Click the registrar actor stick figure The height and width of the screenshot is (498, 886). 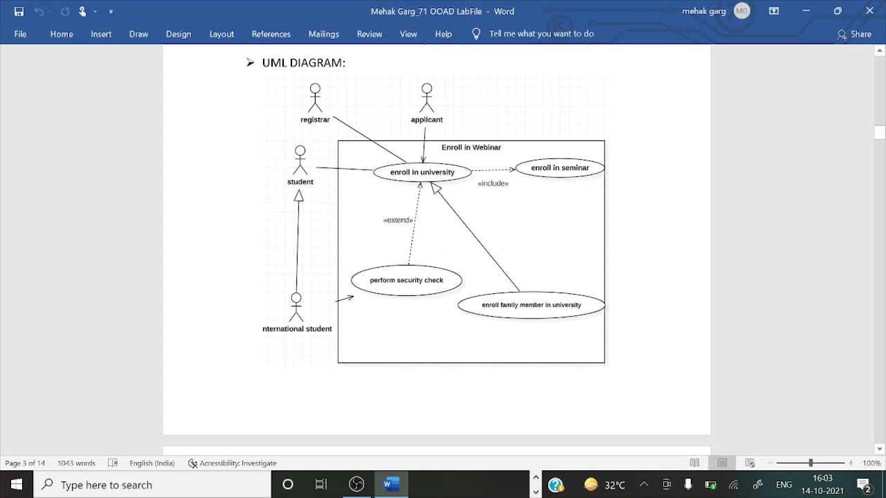[x=315, y=98]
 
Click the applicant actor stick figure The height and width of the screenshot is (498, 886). [x=426, y=98]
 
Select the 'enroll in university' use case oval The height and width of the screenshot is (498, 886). [x=422, y=172]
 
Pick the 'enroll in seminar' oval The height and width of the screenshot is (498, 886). [x=559, y=168]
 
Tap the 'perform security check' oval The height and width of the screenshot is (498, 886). [x=406, y=280]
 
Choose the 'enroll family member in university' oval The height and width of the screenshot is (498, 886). [x=531, y=305]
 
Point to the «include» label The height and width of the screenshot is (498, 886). [x=493, y=183]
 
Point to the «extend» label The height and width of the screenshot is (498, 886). [x=398, y=220]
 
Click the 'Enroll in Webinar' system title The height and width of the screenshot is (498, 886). [x=471, y=147]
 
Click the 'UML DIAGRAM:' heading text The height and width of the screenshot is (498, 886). [x=303, y=63]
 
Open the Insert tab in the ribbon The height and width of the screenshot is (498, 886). [x=101, y=34]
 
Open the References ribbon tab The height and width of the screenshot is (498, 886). [x=271, y=34]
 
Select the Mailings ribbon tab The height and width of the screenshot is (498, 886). [x=323, y=34]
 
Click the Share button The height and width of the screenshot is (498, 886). [x=854, y=34]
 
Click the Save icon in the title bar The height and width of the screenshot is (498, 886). [x=19, y=11]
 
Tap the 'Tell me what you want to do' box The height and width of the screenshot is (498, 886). [x=541, y=34]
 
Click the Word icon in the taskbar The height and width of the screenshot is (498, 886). [x=390, y=484]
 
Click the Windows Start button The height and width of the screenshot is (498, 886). [x=17, y=484]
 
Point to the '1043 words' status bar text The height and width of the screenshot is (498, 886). [x=76, y=463]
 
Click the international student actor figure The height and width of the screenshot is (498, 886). [x=296, y=307]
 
